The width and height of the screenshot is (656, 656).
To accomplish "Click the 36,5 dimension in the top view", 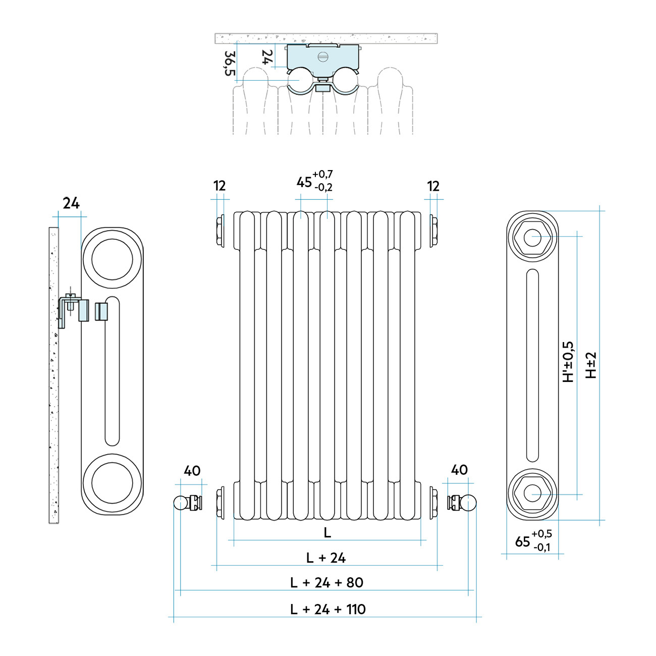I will tap(230, 63).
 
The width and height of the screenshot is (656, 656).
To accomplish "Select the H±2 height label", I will tap(591, 365).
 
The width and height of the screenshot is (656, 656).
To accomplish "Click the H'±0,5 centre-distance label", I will tap(569, 362).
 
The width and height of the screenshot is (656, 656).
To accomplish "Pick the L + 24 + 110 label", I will tap(327, 609).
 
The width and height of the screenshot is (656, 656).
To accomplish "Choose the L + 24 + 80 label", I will tap(326, 582).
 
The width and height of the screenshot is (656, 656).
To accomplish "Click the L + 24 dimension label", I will tap(326, 558).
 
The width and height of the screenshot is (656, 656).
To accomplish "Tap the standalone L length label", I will tap(327, 532).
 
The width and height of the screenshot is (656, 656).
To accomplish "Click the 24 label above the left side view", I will tap(71, 203).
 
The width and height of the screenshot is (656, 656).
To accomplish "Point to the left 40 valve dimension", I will tap(192, 471).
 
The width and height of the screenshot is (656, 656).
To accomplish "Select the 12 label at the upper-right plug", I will tap(433, 186).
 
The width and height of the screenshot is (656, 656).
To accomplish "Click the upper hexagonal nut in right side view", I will tap(532, 237).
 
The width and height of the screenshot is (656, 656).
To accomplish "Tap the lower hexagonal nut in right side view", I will tap(532, 493).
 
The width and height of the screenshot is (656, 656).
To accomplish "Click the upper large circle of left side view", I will tap(112, 259).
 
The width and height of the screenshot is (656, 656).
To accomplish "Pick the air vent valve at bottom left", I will tap(188, 503).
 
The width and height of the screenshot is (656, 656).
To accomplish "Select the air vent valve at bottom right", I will tap(462, 503).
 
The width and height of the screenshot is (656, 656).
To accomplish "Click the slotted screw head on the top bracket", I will tap(323, 56).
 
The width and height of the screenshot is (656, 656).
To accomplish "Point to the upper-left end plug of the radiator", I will tap(221, 232).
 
